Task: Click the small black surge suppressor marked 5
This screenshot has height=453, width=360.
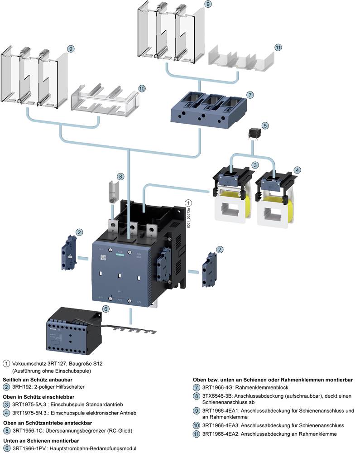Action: [x=254, y=134]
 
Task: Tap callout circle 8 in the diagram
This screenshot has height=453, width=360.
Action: [x=120, y=176]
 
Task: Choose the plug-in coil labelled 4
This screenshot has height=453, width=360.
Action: [x=274, y=199]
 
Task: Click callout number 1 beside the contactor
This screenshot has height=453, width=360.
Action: [x=189, y=203]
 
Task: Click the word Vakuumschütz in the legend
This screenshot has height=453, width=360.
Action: [x=29, y=363]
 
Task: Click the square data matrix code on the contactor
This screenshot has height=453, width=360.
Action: [x=103, y=256]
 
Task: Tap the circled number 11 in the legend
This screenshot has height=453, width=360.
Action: [x=196, y=434]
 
